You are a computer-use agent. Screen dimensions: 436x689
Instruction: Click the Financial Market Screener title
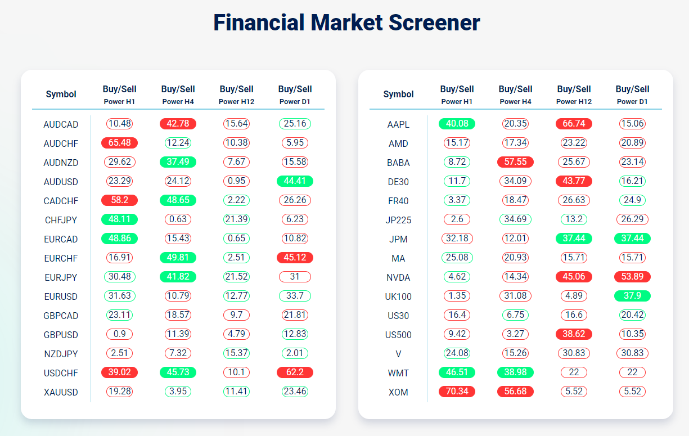[x=346, y=23]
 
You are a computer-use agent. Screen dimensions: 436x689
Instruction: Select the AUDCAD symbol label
[x=61, y=124]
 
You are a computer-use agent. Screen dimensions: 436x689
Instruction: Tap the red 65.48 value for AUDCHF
[x=119, y=143]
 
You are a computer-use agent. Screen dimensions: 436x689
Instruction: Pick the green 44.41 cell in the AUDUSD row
[x=295, y=182]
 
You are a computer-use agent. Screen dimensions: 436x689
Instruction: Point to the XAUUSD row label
[x=61, y=392]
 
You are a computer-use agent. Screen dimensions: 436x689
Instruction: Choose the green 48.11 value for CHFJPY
[x=119, y=220]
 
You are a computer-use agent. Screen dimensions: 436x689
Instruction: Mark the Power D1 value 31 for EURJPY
[x=295, y=277]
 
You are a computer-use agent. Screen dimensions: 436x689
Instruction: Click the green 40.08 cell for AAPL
[x=457, y=124]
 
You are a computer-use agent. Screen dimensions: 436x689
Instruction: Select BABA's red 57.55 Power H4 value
[x=515, y=163]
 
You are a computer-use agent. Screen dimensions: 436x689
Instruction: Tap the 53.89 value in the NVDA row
[x=632, y=277]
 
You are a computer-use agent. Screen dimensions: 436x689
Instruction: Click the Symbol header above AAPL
[x=398, y=95]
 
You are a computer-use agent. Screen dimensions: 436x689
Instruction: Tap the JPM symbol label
[x=398, y=239]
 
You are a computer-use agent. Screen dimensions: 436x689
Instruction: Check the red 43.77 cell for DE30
[x=574, y=182]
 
